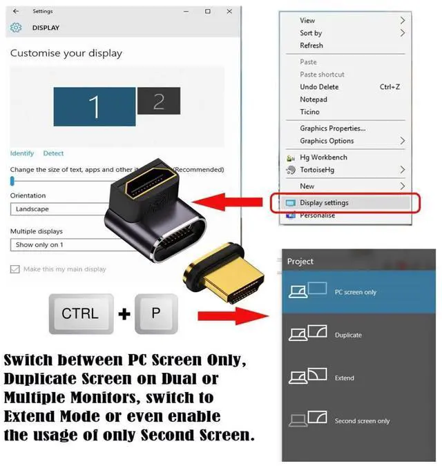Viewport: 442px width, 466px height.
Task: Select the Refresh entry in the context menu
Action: click(311, 46)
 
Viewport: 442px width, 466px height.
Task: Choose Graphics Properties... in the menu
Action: click(332, 128)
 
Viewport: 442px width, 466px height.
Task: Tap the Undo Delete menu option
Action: click(319, 87)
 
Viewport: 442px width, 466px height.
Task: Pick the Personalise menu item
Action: click(317, 215)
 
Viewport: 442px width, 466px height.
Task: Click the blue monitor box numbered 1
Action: click(94, 106)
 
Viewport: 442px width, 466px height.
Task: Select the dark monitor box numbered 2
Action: click(158, 101)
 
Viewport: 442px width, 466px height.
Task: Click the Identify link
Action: click(22, 153)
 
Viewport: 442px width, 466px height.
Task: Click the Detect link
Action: click(53, 153)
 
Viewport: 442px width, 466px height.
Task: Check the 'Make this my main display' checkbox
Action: click(15, 269)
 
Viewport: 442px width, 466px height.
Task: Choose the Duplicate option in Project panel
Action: click(348, 336)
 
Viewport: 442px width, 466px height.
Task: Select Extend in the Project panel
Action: click(344, 378)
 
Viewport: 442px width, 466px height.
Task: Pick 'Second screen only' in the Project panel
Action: click(362, 421)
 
